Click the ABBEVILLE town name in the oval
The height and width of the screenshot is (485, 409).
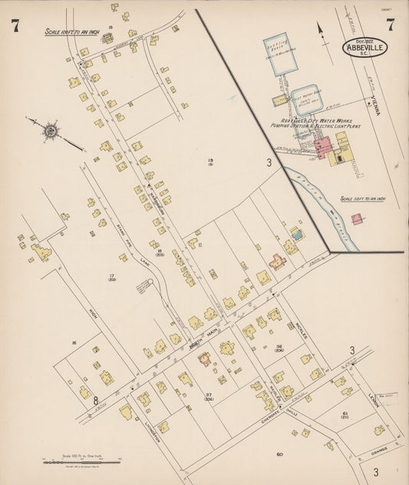(x=365, y=48)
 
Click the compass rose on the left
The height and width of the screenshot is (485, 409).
(x=51, y=131)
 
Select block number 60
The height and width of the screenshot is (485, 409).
(x=280, y=454)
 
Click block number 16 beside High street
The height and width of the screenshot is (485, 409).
(x=74, y=343)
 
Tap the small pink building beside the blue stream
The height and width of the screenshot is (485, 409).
(x=356, y=219)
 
